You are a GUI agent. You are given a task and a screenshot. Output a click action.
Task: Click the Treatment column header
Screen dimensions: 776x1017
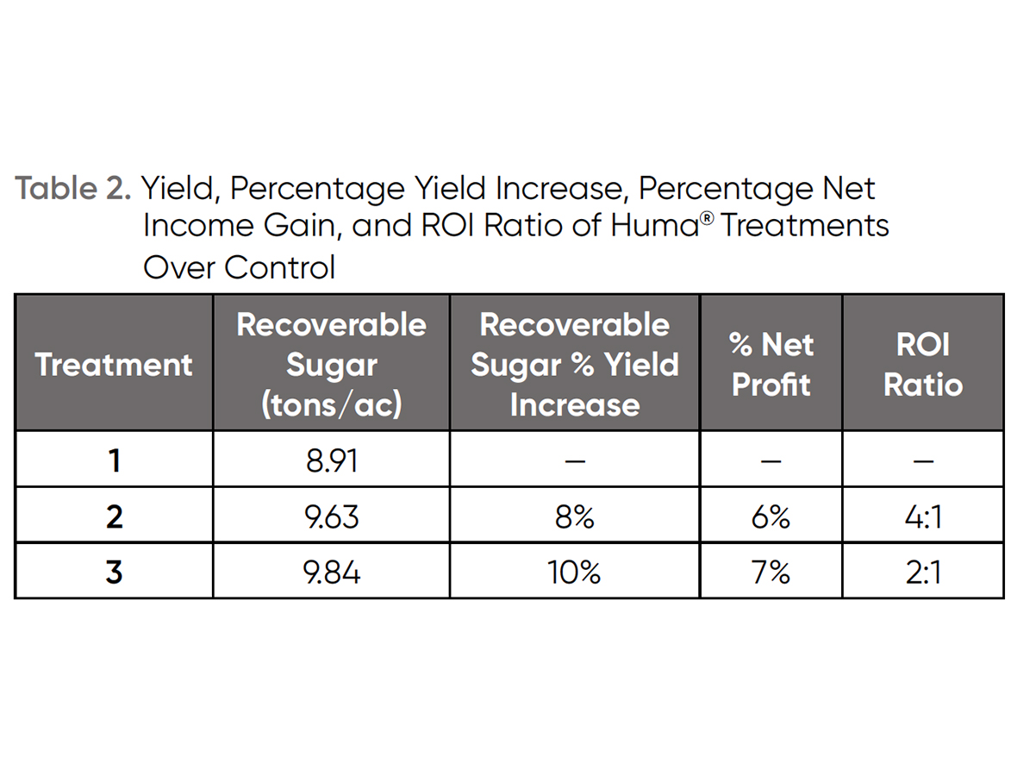click(114, 364)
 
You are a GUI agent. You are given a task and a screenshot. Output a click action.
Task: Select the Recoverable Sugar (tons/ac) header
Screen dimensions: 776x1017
click(332, 364)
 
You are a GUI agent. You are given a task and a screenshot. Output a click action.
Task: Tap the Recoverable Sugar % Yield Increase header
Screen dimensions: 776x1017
click(575, 364)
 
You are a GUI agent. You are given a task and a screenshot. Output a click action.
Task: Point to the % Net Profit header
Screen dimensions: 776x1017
click(771, 364)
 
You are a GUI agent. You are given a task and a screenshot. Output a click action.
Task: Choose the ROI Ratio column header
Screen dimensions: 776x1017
click(922, 364)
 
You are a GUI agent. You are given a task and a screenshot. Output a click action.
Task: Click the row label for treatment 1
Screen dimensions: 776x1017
click(114, 460)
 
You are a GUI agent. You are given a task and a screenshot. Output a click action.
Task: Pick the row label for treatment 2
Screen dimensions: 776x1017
click(114, 516)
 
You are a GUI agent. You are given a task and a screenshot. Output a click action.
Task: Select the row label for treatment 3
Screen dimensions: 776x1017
click(114, 572)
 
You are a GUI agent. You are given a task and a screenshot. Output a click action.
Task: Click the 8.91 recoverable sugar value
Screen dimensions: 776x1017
click(332, 460)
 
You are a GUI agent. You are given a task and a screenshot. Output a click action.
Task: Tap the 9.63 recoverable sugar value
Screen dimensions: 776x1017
click(332, 516)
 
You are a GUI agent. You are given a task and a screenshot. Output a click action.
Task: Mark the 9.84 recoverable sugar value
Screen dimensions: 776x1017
click(332, 572)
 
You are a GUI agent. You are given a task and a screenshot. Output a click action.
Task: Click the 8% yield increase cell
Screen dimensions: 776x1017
click(575, 516)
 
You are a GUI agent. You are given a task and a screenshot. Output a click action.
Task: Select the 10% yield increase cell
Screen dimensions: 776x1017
click(575, 572)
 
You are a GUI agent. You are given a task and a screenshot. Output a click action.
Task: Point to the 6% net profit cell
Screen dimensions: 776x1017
click(771, 516)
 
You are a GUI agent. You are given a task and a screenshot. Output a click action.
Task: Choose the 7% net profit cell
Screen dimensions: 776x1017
click(771, 572)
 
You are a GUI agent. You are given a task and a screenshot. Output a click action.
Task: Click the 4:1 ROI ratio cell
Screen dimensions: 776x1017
click(922, 516)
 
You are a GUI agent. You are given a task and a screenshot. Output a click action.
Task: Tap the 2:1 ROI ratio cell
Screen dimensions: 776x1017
click(922, 572)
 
